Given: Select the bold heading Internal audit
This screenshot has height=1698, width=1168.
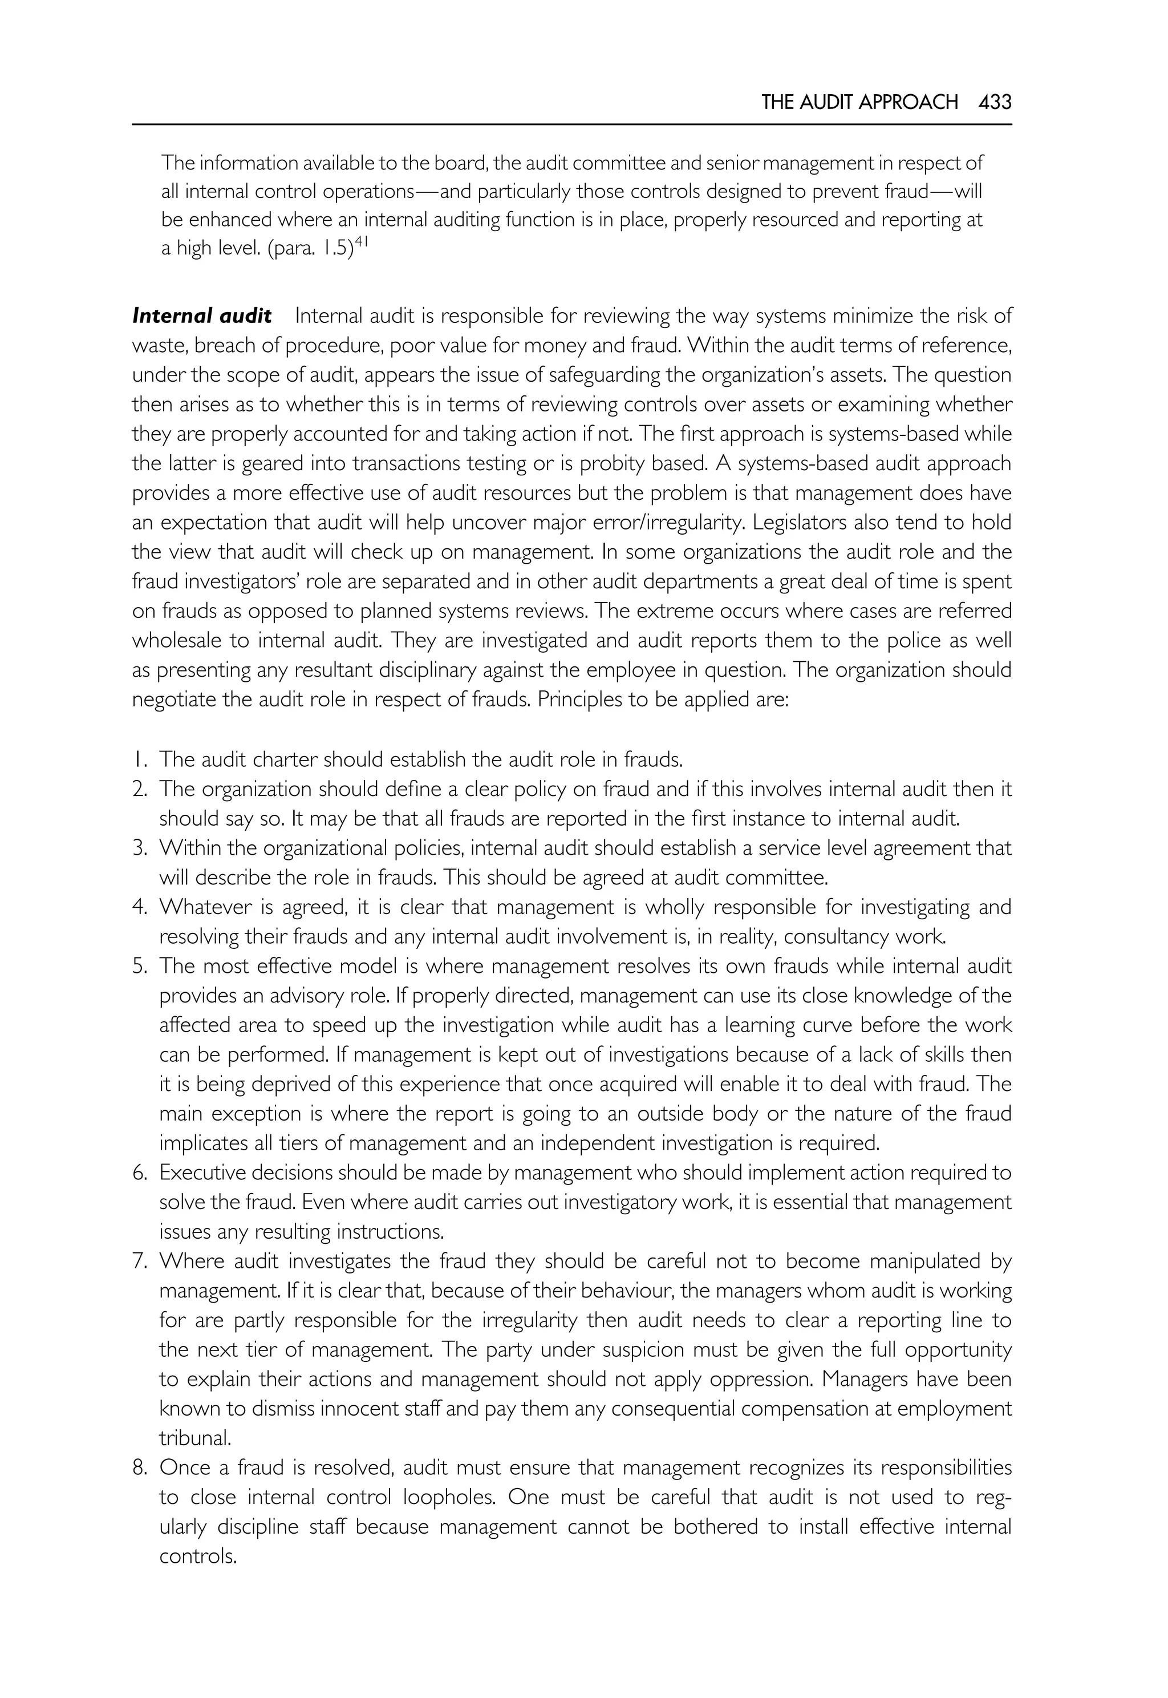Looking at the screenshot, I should [202, 316].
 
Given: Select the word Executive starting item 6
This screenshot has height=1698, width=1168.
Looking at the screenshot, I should [201, 1173].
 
